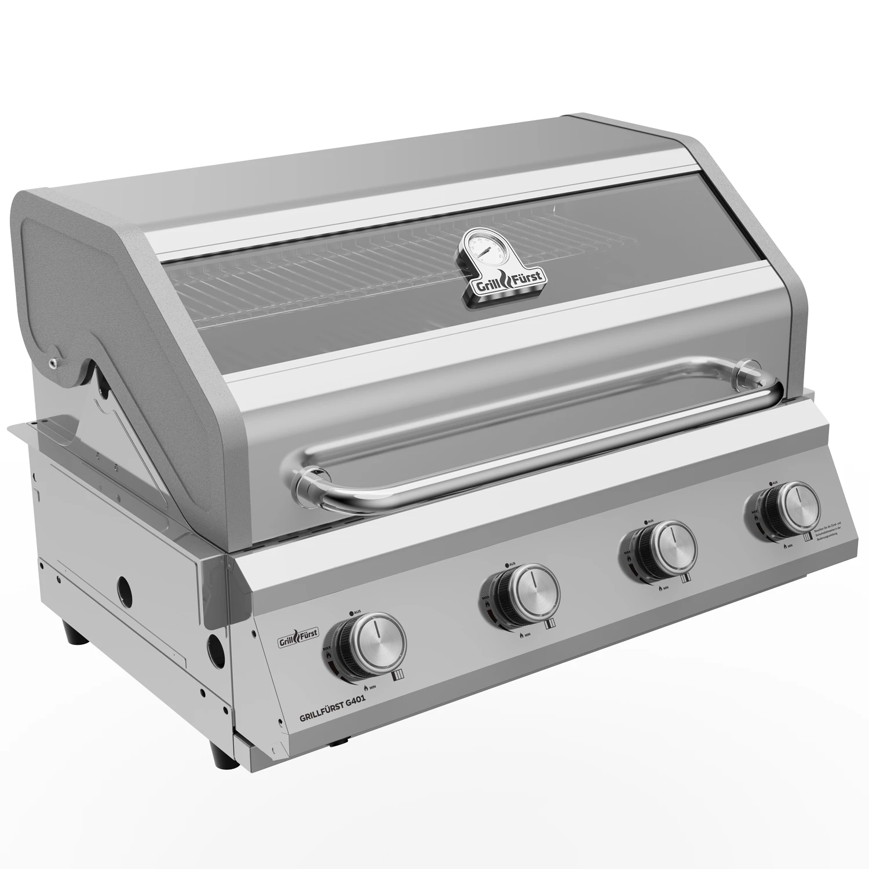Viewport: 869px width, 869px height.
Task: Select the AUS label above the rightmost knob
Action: [x=773, y=482]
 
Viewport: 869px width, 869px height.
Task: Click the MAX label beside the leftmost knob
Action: [x=327, y=646]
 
